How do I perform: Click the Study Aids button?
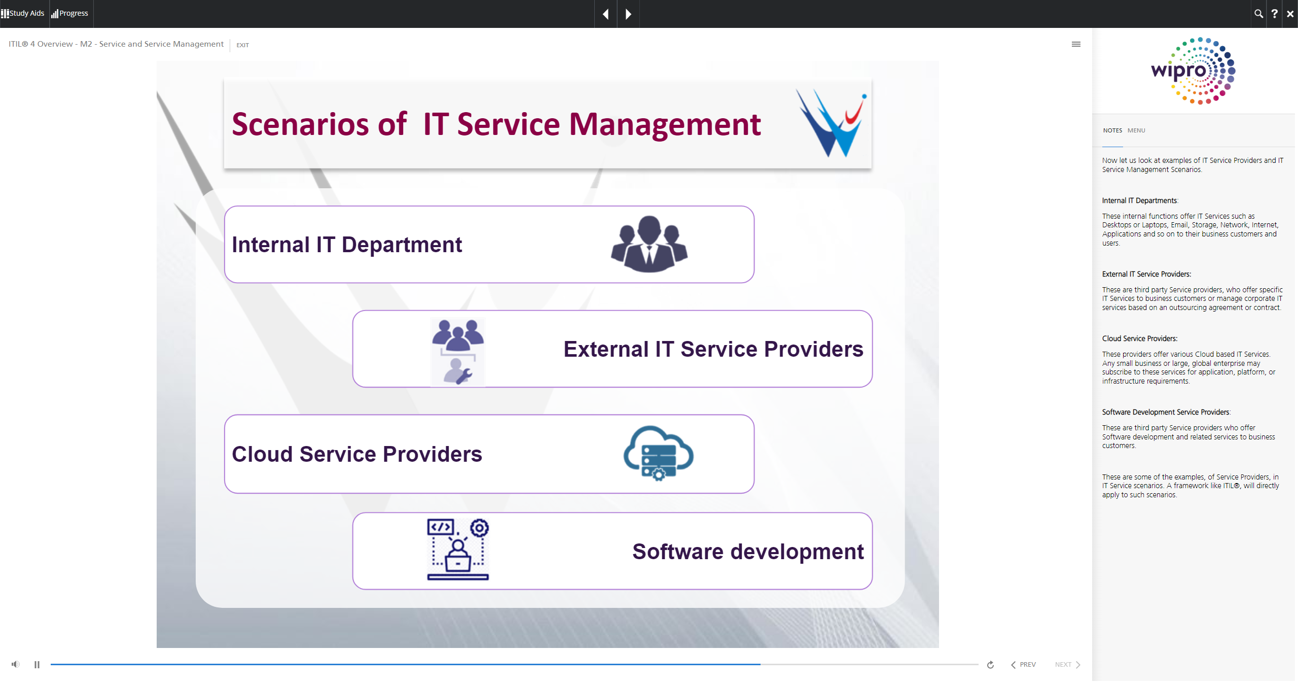[23, 13]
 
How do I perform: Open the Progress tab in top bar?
[70, 13]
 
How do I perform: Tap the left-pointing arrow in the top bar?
[605, 14]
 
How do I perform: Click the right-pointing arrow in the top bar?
[628, 14]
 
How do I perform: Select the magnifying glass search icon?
[1258, 14]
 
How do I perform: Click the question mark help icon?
[1274, 14]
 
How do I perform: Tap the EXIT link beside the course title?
[242, 45]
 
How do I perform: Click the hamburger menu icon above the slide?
[1076, 44]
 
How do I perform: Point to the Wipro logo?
[1193, 71]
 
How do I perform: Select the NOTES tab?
[1112, 130]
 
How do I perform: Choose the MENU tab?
[1136, 130]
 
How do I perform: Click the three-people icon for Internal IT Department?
[649, 244]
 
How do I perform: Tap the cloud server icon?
[658, 453]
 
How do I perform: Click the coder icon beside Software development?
[458, 550]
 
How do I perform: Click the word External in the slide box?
[606, 349]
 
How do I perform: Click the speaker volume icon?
[16, 664]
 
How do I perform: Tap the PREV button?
[1023, 665]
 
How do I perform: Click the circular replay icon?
[990, 665]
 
